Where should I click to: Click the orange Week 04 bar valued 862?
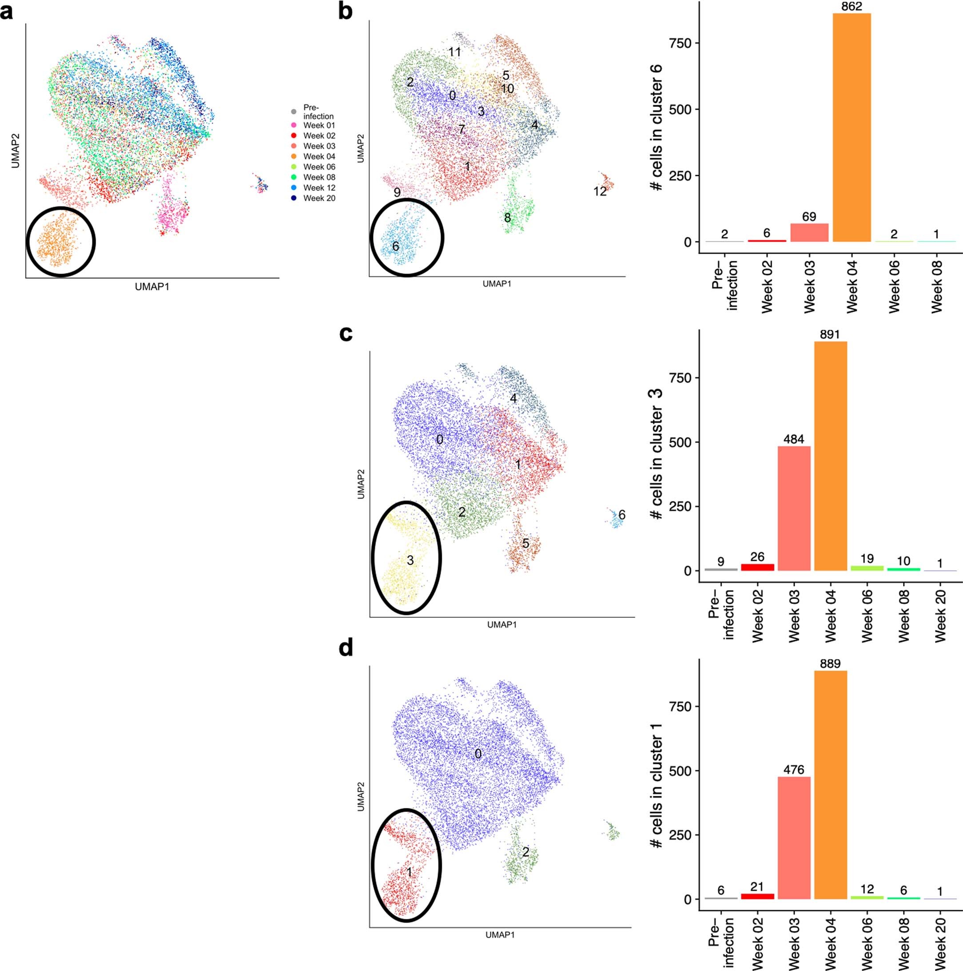click(x=852, y=128)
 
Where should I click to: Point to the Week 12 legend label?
click(x=319, y=188)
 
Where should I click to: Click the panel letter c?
click(x=346, y=333)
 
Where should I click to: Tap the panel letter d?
click(x=346, y=648)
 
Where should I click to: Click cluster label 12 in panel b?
click(x=600, y=192)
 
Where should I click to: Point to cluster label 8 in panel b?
click(x=507, y=218)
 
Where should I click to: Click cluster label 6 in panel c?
click(x=622, y=515)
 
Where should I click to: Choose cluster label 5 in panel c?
click(x=525, y=543)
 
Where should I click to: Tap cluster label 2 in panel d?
click(x=525, y=852)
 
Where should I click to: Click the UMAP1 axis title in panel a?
click(x=152, y=287)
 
